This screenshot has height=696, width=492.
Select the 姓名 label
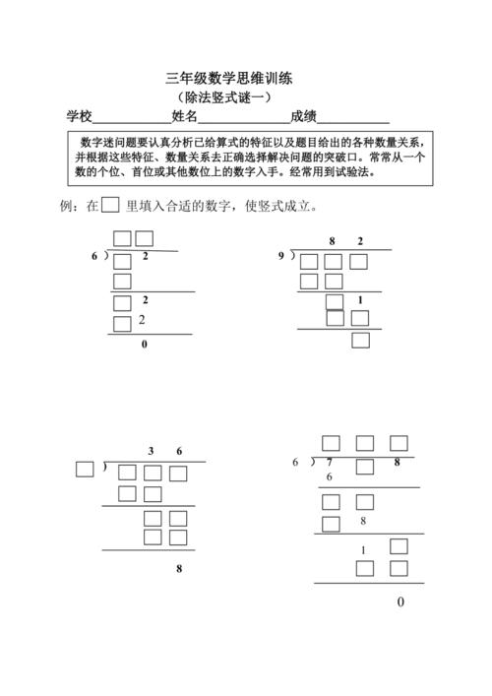point(185,116)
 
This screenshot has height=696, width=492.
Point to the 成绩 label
point(303,116)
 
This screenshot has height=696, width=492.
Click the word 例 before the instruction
point(67,207)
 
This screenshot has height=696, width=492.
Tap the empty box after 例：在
point(110,206)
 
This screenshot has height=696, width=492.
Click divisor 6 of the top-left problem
point(94,256)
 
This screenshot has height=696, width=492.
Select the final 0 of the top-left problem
point(145,346)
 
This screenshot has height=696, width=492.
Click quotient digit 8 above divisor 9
point(333,241)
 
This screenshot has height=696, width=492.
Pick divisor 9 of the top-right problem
point(281,256)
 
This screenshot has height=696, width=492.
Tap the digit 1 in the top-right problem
point(361,301)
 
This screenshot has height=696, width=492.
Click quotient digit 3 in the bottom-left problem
point(151,452)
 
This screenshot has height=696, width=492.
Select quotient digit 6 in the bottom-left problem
point(179,452)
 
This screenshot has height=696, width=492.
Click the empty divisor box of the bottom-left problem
point(85,470)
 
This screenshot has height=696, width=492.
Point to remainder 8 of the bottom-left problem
point(178,569)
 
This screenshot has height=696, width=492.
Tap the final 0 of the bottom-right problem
point(400,602)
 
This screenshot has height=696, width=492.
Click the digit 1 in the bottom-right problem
point(363,549)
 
